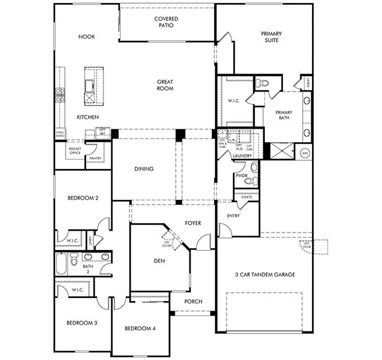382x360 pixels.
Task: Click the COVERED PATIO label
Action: coord(166,22)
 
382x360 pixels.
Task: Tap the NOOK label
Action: coord(86,36)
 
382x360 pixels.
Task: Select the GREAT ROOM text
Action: coord(165,85)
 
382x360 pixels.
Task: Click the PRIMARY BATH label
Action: coord(284,114)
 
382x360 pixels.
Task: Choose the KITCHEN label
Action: coord(87,117)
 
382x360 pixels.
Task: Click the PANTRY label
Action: coord(95,158)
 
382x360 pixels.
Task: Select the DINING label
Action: coord(144,169)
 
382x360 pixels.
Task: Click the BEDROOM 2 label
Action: coord(84,198)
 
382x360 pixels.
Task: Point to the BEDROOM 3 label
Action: coord(81,322)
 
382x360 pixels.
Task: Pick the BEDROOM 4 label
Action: coord(140,328)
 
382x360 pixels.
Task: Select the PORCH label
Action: coord(194,302)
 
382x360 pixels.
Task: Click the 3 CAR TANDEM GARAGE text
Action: coord(264,274)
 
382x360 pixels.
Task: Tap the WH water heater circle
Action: coord(305,152)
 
